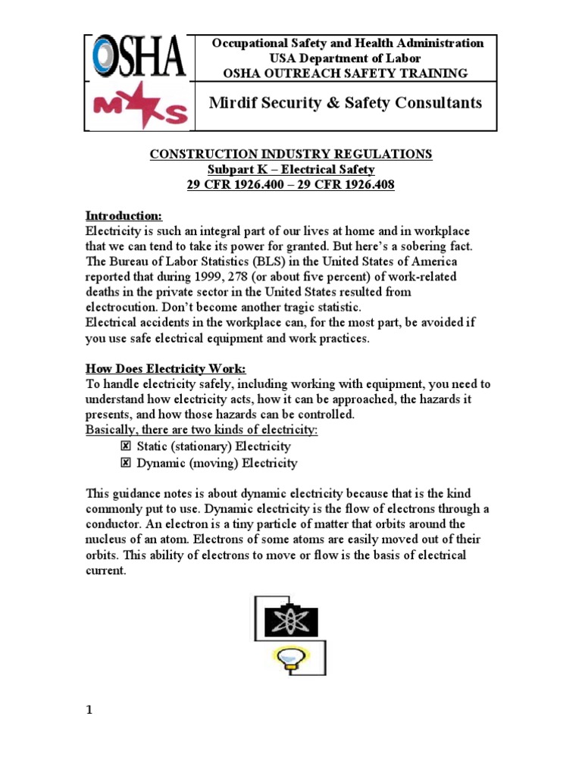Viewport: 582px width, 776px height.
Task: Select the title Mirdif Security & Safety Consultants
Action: (345, 103)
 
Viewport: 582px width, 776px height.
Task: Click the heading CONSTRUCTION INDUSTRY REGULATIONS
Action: (291, 154)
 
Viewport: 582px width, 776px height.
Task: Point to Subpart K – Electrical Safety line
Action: (291, 169)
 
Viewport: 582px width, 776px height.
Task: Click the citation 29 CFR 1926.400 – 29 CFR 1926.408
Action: (291, 185)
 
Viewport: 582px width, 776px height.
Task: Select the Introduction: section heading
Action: (123, 215)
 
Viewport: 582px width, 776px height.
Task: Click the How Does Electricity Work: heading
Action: (165, 369)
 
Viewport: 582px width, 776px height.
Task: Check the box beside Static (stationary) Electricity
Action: (126, 447)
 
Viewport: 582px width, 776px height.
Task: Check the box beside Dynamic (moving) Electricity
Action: (126, 463)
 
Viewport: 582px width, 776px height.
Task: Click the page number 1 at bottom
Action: (88, 710)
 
